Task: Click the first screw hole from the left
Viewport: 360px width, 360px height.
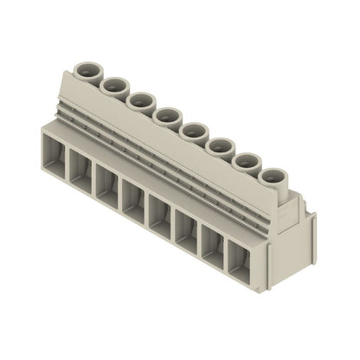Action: click(x=87, y=67)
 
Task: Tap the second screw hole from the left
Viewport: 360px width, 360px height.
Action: click(x=113, y=84)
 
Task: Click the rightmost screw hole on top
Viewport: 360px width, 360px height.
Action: click(x=273, y=177)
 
